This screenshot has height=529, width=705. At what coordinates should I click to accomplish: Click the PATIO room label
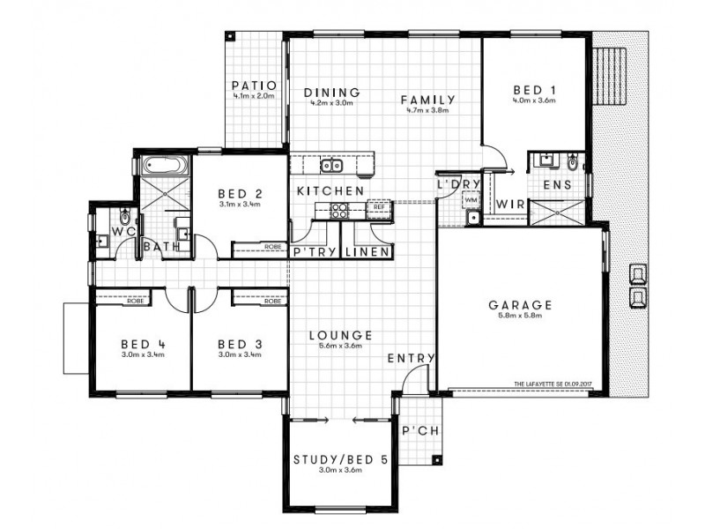click(x=254, y=86)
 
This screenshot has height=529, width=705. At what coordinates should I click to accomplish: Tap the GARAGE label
click(x=520, y=305)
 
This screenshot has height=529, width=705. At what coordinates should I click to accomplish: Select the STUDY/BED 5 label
click(x=339, y=459)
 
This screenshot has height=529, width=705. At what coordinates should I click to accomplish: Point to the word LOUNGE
click(x=340, y=335)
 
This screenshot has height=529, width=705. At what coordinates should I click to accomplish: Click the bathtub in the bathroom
click(x=162, y=165)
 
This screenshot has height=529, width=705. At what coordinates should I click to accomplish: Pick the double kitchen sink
click(x=332, y=165)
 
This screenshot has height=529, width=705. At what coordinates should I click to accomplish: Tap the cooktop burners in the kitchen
click(x=338, y=210)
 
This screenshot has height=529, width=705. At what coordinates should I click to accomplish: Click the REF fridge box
click(x=378, y=209)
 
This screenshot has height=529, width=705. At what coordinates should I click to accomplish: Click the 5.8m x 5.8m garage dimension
click(x=520, y=317)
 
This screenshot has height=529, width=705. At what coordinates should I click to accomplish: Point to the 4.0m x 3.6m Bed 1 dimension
click(x=533, y=101)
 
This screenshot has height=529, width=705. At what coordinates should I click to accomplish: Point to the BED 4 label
click(x=137, y=344)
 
